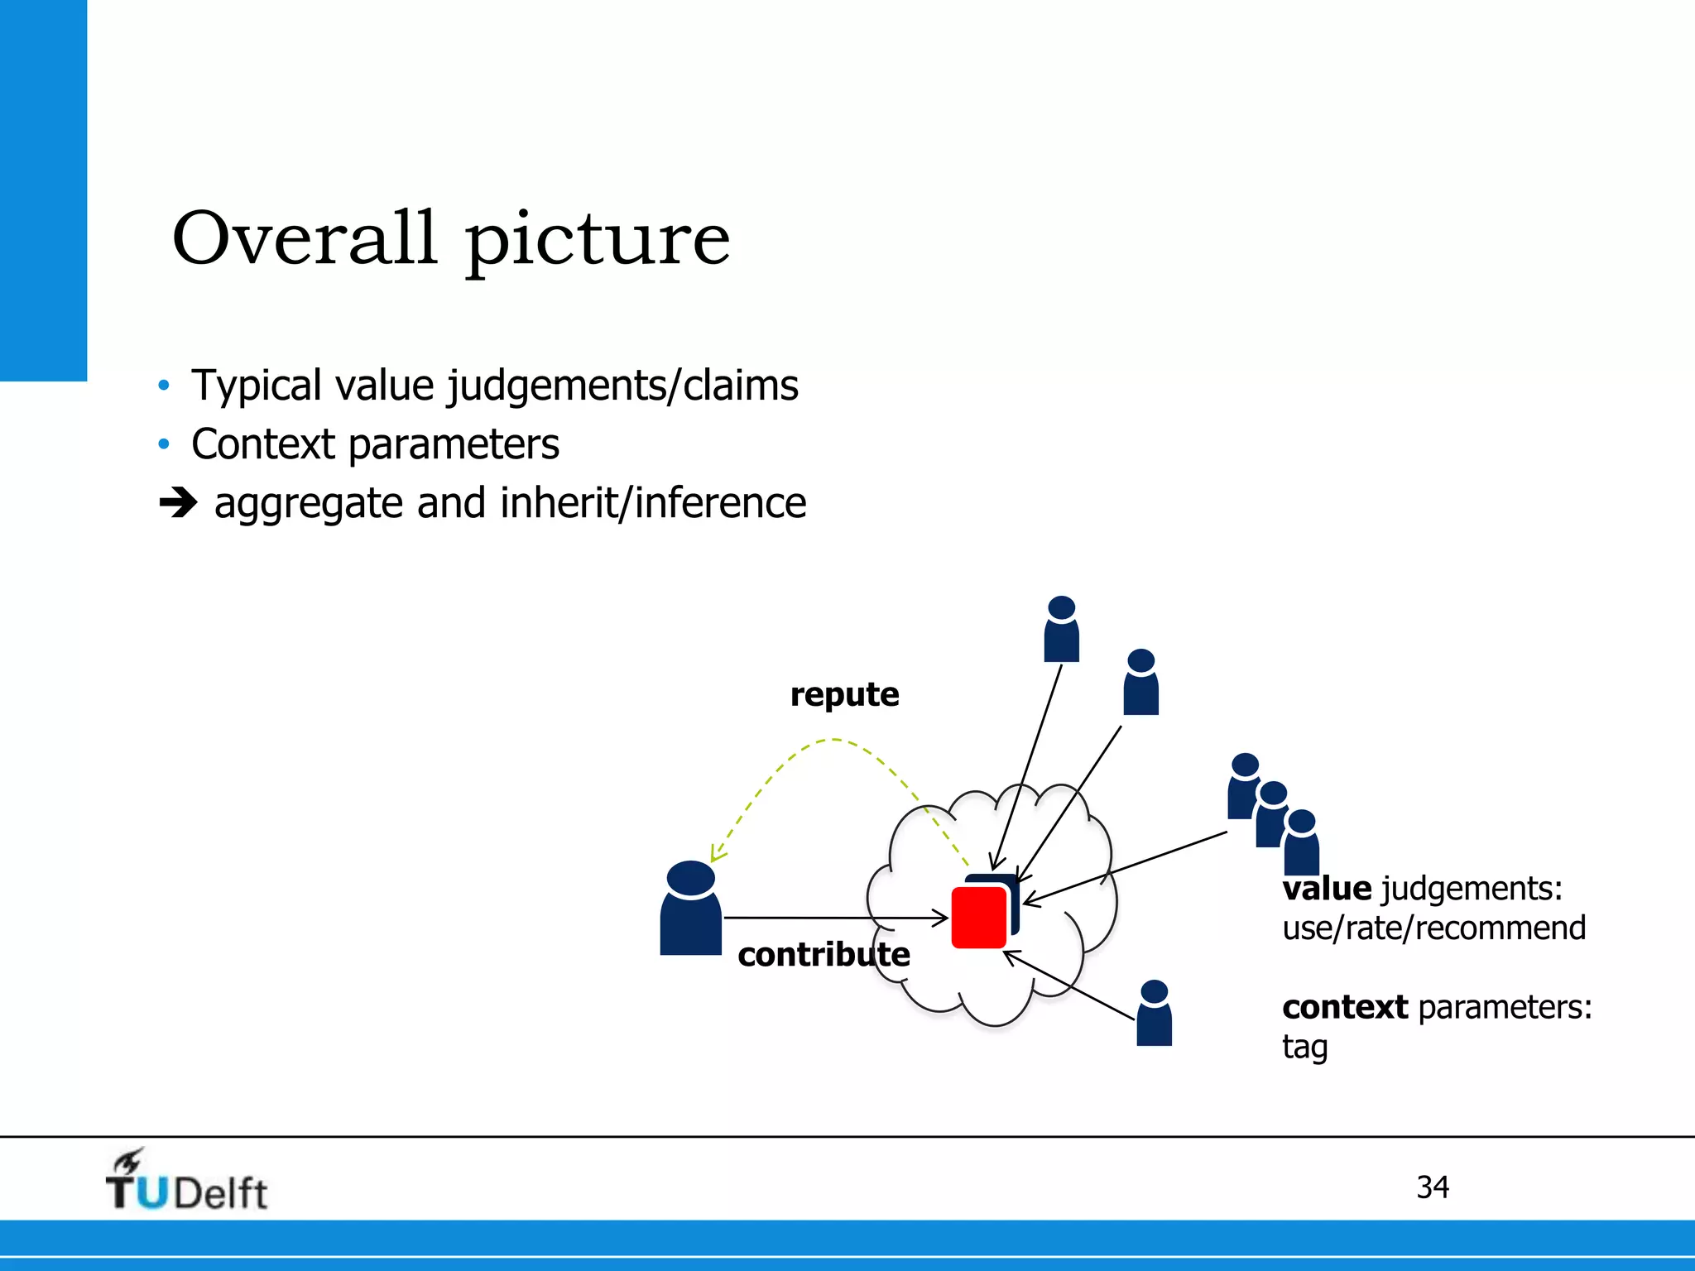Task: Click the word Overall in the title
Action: (x=304, y=238)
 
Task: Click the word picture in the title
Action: (x=598, y=242)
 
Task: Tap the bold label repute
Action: (x=844, y=694)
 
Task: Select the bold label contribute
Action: (x=823, y=955)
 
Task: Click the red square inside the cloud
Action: (x=978, y=918)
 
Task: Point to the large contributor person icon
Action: (x=690, y=910)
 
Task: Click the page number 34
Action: (x=1433, y=1187)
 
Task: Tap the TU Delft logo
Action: (x=187, y=1182)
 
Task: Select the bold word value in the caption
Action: (x=1327, y=889)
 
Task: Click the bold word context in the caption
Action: (x=1345, y=1007)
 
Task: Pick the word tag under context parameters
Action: (x=1304, y=1048)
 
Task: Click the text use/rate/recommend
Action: (x=1433, y=928)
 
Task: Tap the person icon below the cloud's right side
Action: (x=1154, y=1014)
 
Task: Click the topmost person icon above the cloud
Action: (x=1062, y=631)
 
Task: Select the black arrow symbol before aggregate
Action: (x=178, y=502)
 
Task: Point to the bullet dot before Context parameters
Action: (x=164, y=444)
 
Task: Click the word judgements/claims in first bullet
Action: (x=623, y=386)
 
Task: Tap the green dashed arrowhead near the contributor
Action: (x=717, y=853)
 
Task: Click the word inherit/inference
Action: (x=653, y=503)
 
